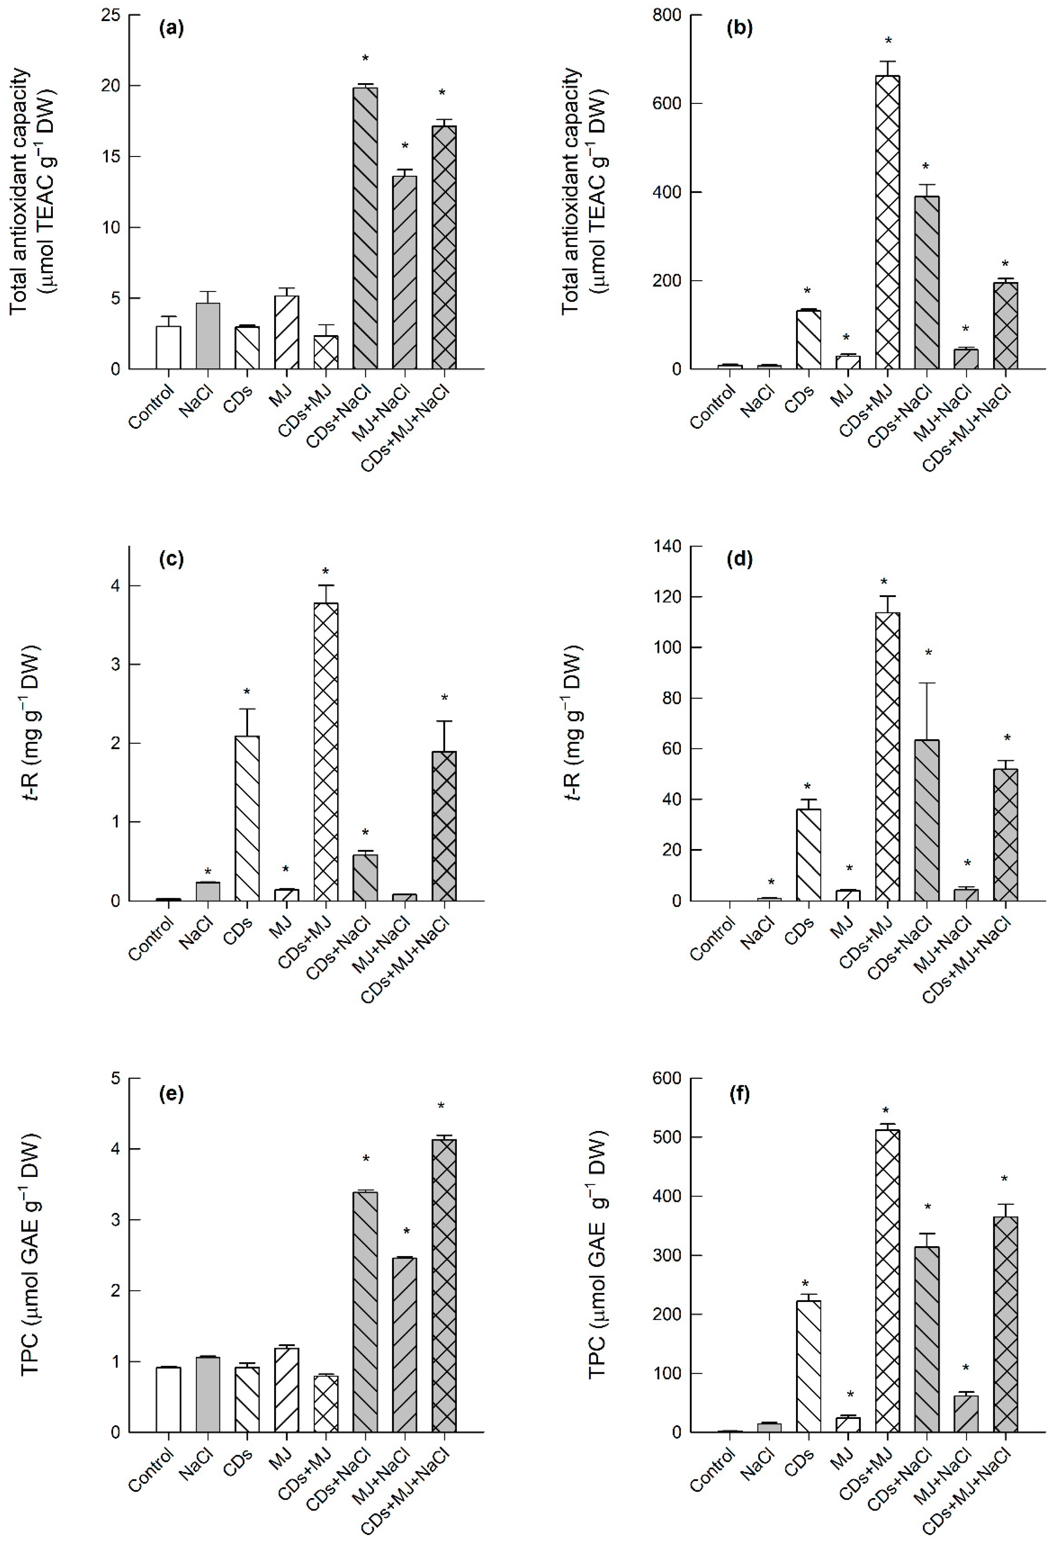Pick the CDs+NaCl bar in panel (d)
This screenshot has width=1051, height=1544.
click(927, 821)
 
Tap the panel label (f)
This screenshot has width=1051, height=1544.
click(739, 1094)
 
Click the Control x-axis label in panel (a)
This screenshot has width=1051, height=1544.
click(151, 407)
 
